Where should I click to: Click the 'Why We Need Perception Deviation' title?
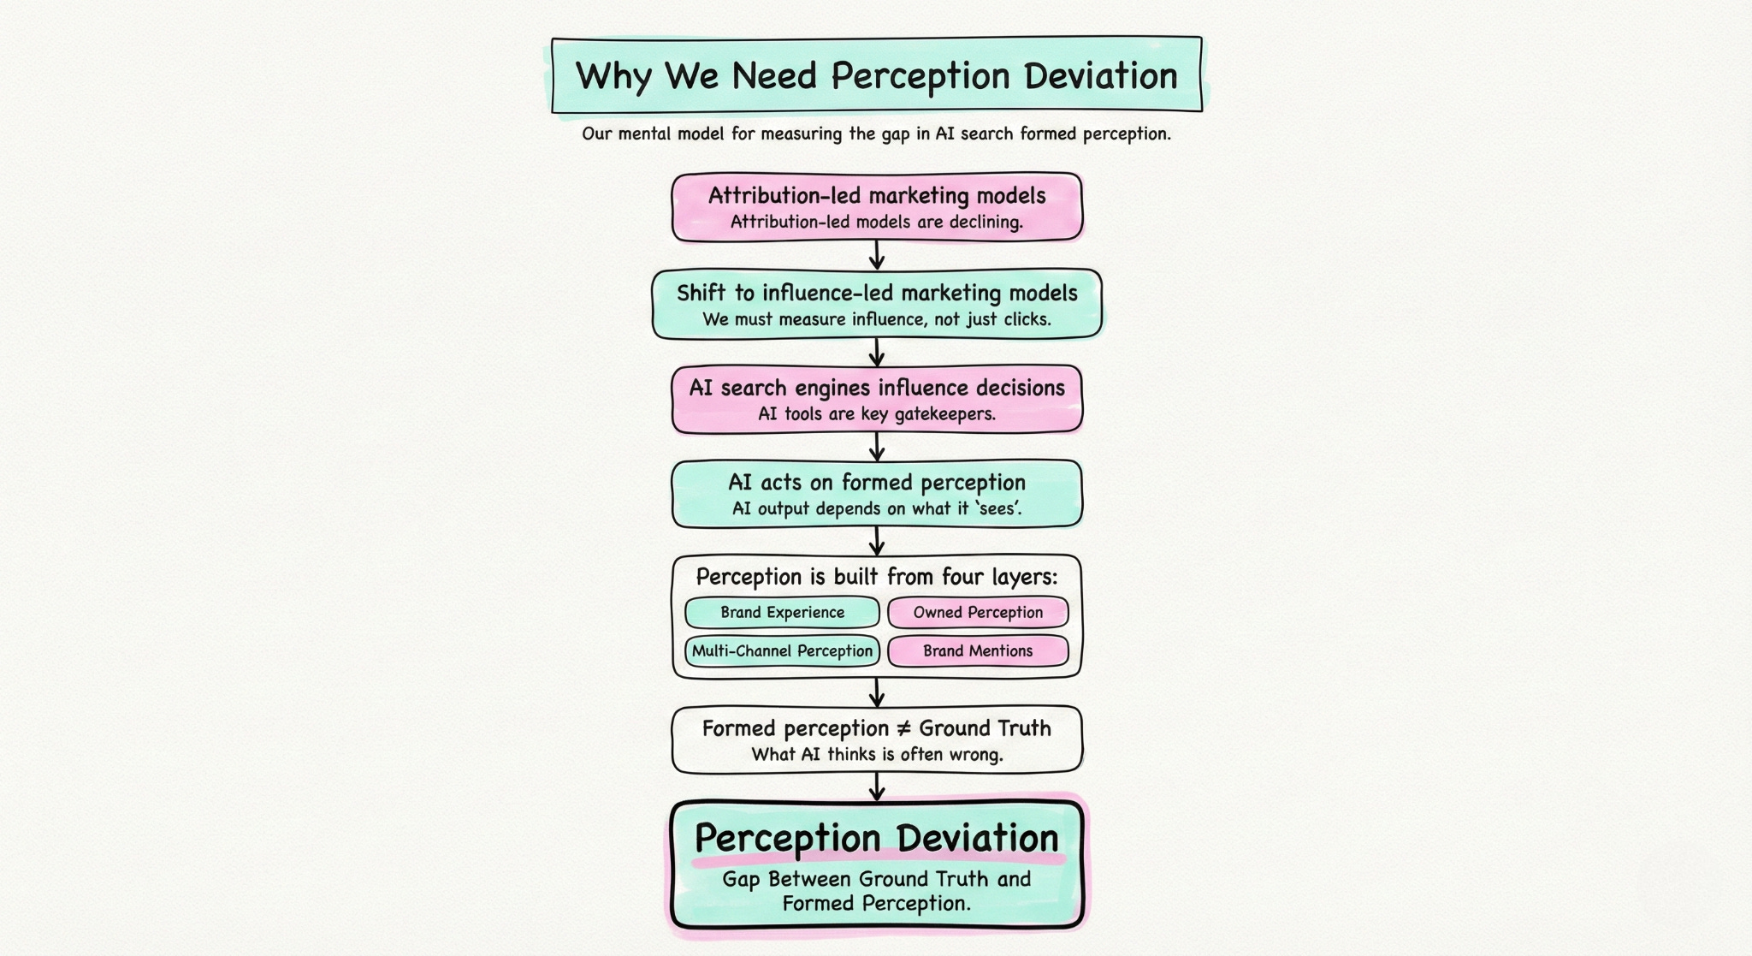[876, 75]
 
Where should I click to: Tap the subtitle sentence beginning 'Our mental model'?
[876, 134]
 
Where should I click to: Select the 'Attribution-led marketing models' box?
[876, 206]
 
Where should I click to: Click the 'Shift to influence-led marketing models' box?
[876, 304]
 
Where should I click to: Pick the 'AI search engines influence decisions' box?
[876, 399]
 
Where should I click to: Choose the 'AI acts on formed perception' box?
[876, 494]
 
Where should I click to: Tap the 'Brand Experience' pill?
[782, 612]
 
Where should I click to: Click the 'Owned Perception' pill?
[978, 612]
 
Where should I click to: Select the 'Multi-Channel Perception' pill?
[782, 650]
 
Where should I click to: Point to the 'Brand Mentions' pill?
[978, 650]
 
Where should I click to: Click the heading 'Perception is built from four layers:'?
[876, 576]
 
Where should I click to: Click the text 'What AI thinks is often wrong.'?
[876, 754]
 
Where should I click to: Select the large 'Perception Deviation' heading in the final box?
[876, 838]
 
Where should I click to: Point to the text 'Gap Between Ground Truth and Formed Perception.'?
[876, 891]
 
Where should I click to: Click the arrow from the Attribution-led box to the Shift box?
[876, 255]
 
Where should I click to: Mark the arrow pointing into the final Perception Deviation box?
[876, 787]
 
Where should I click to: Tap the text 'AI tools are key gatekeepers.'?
[876, 414]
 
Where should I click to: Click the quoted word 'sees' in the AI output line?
[998, 508]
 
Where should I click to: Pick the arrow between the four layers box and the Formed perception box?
[876, 692]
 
